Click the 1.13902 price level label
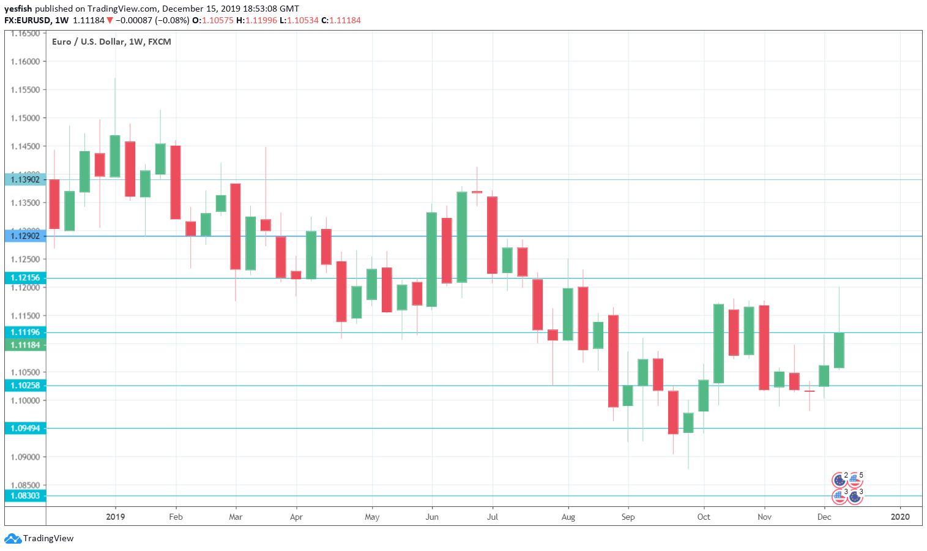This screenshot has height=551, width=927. tap(25, 179)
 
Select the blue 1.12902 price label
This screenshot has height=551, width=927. tap(25, 236)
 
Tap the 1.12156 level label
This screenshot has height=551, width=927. tap(25, 278)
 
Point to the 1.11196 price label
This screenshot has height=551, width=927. tap(25, 332)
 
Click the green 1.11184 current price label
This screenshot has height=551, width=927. tap(25, 345)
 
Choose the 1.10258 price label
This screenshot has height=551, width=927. tap(25, 386)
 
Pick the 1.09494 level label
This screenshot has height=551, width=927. tap(25, 429)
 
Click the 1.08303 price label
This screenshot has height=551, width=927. tap(25, 496)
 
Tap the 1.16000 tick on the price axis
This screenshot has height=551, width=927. tap(25, 62)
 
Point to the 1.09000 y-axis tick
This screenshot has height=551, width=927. tap(25, 457)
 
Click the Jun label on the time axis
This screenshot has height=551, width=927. tap(432, 517)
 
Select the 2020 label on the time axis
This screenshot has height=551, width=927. tap(900, 517)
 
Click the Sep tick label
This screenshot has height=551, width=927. tap(628, 517)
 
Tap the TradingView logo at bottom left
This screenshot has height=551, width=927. tap(39, 539)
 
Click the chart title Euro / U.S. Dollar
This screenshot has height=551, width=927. tap(111, 42)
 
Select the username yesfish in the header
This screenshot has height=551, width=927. tap(18, 9)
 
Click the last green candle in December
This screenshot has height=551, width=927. tap(839, 350)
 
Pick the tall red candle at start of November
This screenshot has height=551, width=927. tap(764, 348)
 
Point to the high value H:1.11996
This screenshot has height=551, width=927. tap(256, 20)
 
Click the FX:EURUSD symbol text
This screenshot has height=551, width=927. tap(27, 20)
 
